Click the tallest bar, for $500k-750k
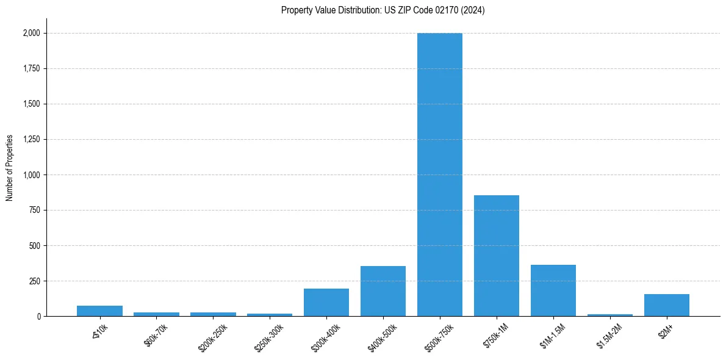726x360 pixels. pos(440,175)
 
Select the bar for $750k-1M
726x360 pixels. pos(497,256)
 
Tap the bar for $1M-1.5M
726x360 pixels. pos(553,290)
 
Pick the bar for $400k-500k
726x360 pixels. pos(383,291)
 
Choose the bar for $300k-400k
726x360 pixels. pos(326,303)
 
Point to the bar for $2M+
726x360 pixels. pos(667,305)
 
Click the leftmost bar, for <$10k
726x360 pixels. pos(99,311)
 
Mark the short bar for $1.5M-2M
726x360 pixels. pos(610,315)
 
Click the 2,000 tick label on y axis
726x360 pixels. pos(31,34)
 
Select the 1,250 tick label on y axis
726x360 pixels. pos(31,140)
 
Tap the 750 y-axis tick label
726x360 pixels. pos(34,211)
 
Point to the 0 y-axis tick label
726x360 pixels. pos(38,317)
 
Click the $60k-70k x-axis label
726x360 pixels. pos(156,336)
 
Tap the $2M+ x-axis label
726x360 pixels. pos(666,333)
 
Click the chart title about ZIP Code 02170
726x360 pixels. pos(383,10)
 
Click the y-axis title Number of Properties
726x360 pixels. pos(10,168)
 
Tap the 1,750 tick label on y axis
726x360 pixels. pos(31,69)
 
